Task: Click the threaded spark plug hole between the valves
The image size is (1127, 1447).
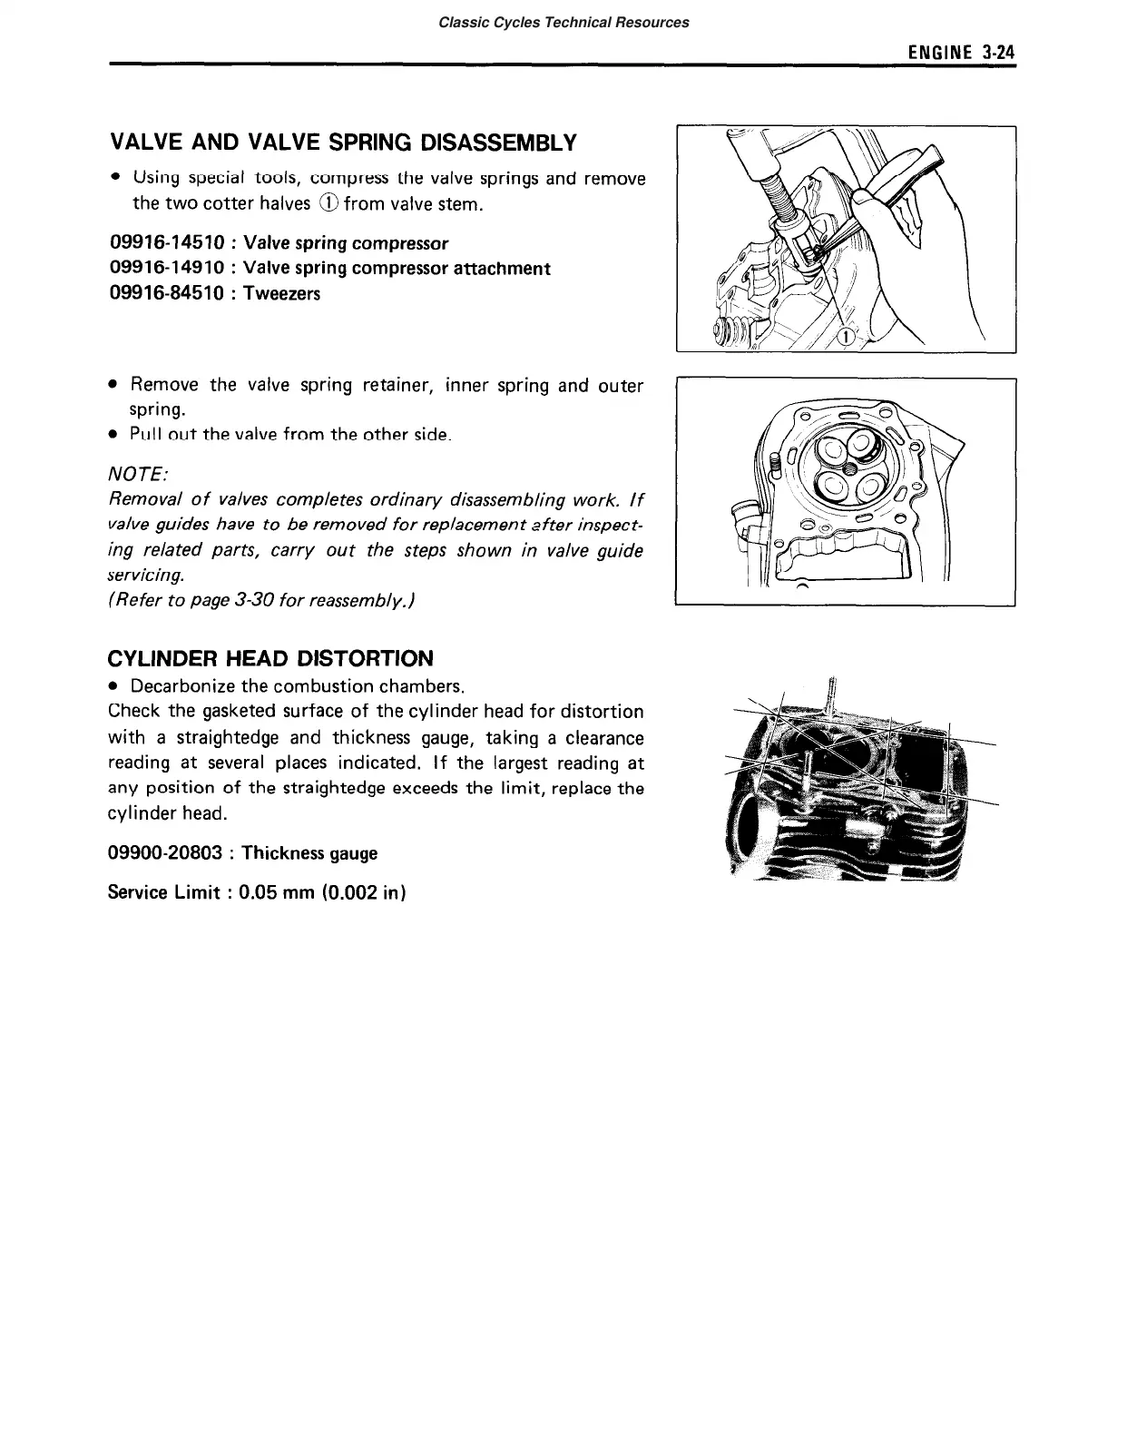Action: point(846,468)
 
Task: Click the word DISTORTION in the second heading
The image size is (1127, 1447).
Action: point(366,658)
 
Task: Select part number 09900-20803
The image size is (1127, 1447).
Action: point(165,853)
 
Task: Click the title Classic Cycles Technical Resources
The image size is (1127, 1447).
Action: point(563,22)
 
